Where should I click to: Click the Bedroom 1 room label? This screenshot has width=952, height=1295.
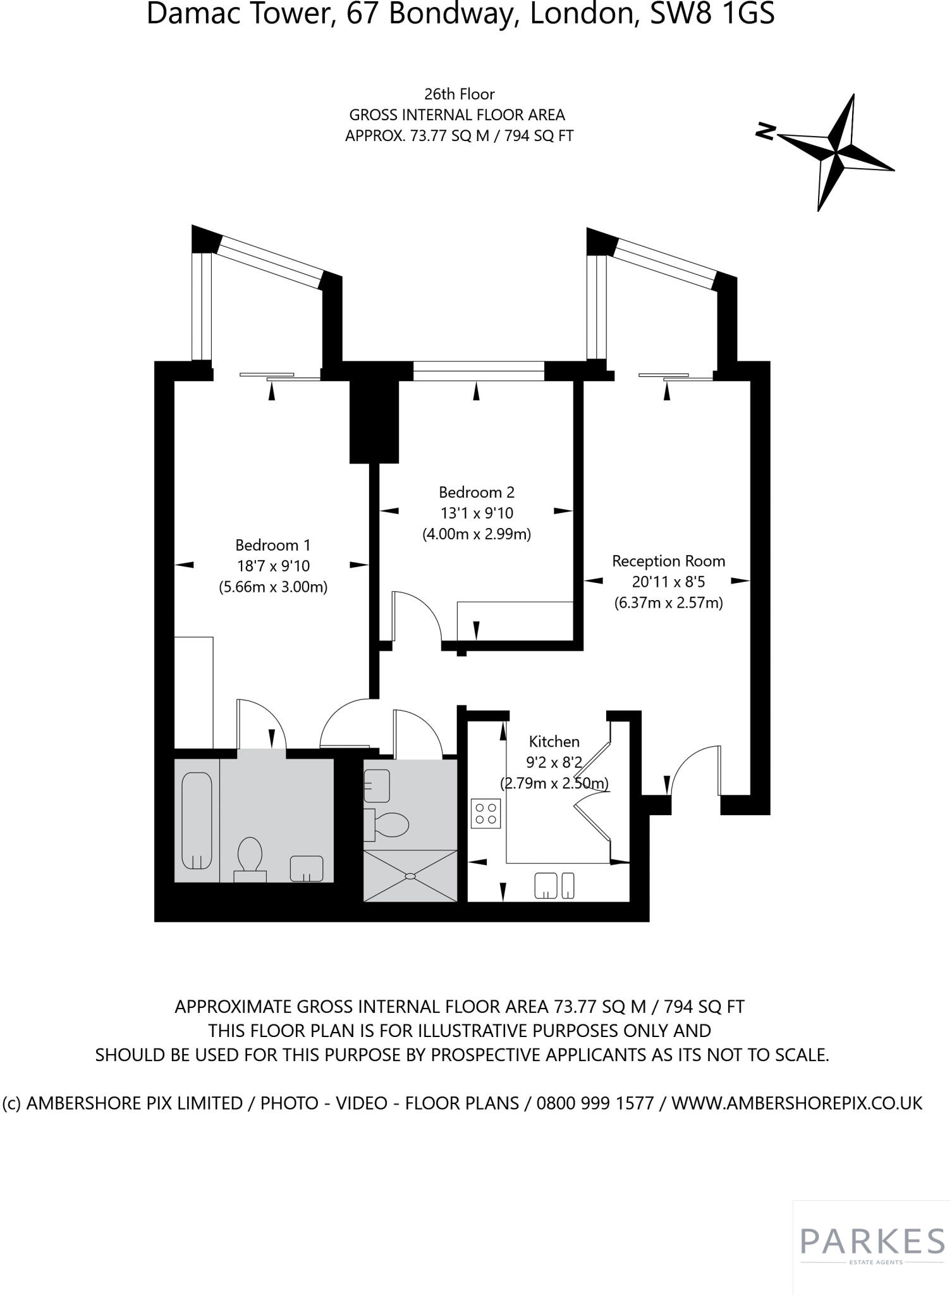pos(273,545)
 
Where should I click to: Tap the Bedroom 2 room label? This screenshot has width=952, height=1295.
pos(477,492)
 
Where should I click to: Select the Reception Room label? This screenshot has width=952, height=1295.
pos(668,561)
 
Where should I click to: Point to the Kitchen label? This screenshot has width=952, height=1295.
pos(554,741)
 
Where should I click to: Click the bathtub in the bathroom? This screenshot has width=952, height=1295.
pos(197,821)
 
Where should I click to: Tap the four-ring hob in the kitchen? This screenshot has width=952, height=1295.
pos(486,813)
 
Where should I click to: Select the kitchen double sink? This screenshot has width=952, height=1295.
pos(554,885)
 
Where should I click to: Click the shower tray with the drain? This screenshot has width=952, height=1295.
pos(410,876)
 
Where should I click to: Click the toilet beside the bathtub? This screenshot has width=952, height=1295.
pos(250,857)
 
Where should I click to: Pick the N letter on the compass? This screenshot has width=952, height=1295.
pos(766,132)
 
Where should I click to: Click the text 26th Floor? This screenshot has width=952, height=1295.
pos(459,94)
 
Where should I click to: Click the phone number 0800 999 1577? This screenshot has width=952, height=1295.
pos(595,1103)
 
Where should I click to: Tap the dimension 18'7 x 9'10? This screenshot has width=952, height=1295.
pos(273,566)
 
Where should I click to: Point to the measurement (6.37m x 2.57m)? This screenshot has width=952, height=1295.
pos(668,603)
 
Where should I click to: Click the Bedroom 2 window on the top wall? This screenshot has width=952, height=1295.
pos(479,371)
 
